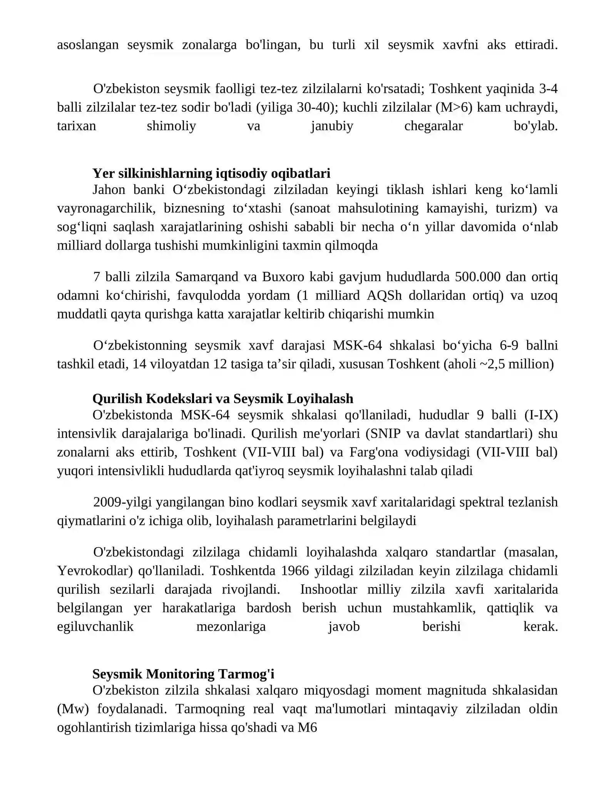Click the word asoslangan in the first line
point(88,45)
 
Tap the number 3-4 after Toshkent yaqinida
point(548,89)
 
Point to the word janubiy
point(332,126)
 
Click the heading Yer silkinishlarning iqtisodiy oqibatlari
point(211,174)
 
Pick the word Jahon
point(109,190)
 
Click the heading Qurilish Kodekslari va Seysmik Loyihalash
point(223,398)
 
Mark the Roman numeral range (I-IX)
point(541,415)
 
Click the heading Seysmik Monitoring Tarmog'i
point(183,674)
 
